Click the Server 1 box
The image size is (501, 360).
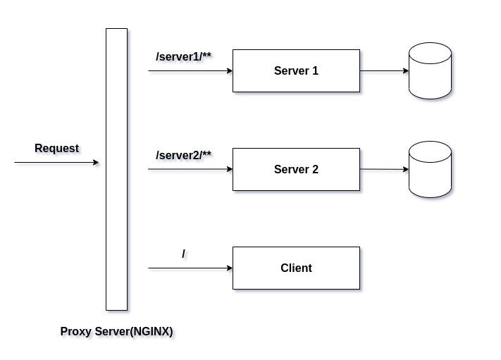[296, 70]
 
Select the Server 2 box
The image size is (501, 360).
[296, 169]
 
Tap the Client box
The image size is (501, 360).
[296, 268]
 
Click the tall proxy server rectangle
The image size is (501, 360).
[116, 169]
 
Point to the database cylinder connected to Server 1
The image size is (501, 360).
[430, 70]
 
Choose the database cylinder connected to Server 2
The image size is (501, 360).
[430, 169]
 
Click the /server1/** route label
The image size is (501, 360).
[183, 56]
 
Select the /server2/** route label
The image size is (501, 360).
[183, 154]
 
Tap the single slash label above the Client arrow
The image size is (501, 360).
[184, 254]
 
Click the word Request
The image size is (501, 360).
[56, 149]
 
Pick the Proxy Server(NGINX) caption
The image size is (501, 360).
[116, 331]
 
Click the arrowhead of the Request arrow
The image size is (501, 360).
[96, 163]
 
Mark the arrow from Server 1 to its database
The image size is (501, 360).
[384, 71]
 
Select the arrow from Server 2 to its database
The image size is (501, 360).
[384, 170]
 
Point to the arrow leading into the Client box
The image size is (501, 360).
[190, 268]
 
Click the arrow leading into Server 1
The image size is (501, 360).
[190, 71]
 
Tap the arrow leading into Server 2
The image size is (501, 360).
[190, 170]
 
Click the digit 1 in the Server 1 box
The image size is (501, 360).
[315, 70]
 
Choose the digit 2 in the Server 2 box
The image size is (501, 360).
[315, 169]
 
